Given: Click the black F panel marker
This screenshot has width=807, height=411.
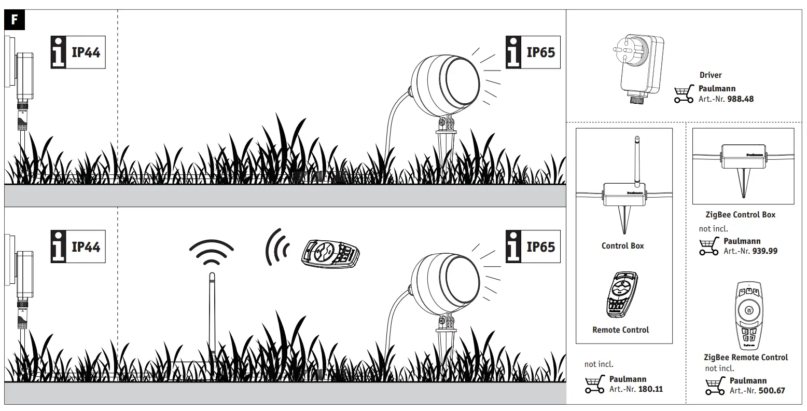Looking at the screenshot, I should point(15,20).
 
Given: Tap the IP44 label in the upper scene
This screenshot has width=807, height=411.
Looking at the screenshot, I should point(78,52).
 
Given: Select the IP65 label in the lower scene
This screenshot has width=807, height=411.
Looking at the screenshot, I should point(533,247).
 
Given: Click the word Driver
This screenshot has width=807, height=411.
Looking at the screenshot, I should point(711,75).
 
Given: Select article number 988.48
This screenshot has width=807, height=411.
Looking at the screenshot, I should point(740,99).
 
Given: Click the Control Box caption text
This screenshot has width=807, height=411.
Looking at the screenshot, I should point(622,246).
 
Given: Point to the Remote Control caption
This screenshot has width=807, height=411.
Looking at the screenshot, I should point(620,330).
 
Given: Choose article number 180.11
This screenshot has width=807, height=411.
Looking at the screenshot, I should point(650,389).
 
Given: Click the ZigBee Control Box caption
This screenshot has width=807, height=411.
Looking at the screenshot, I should point(740,215).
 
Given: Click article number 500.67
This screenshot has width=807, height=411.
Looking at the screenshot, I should point(771,390).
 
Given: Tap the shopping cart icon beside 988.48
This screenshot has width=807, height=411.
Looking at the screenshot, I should point(684,94).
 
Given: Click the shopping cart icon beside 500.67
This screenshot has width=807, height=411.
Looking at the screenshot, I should point(715,386).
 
